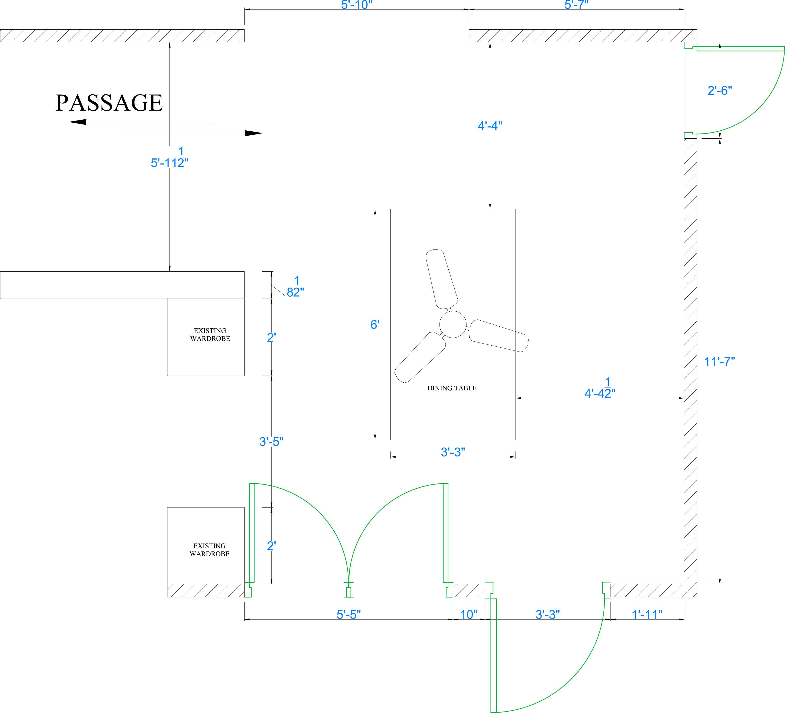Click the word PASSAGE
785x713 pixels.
point(109,103)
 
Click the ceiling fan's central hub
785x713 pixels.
point(452,324)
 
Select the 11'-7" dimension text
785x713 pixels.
point(719,362)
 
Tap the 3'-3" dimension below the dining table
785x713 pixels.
point(453,452)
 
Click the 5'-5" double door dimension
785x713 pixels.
point(349,615)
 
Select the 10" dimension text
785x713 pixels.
point(469,615)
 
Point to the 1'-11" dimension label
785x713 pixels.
point(647,615)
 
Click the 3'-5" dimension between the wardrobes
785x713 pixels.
point(271,442)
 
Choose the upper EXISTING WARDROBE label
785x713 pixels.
point(210,335)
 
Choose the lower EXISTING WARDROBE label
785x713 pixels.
point(209,550)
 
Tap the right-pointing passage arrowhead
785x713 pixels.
point(254,133)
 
